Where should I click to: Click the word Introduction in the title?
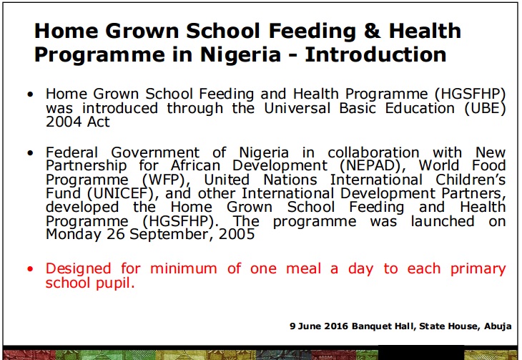(375, 54)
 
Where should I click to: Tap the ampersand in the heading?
(373, 31)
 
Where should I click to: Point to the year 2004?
(63, 122)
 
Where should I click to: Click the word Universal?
(297, 108)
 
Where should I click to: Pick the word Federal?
(72, 152)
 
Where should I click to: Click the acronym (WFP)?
(166, 180)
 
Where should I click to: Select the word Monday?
(73, 235)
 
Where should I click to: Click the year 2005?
(237, 235)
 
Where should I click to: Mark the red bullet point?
(30, 268)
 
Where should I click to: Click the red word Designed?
(78, 269)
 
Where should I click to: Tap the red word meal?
(304, 268)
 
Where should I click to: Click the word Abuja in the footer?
(498, 326)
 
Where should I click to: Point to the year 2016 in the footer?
(336, 326)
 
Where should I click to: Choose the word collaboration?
(373, 152)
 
